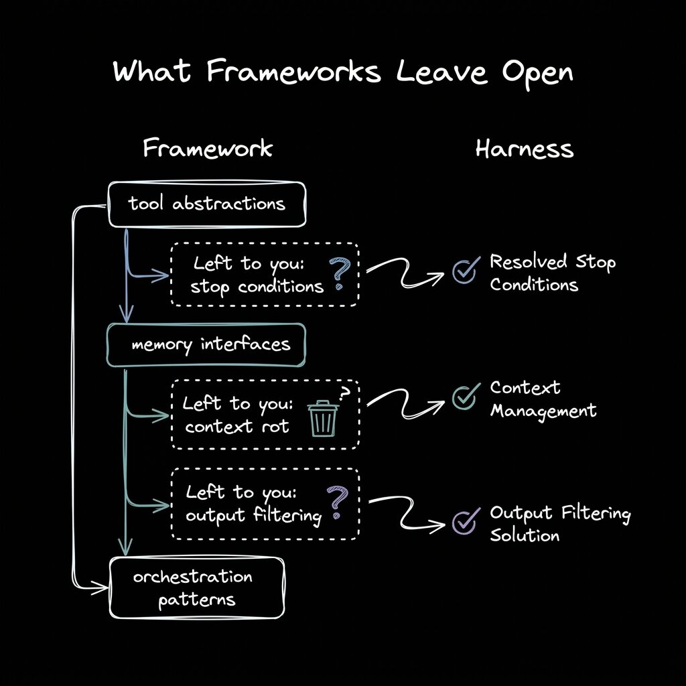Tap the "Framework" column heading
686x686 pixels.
(208, 148)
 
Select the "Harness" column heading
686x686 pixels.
(525, 149)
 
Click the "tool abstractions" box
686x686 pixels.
(207, 204)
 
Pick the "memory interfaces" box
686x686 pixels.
(206, 345)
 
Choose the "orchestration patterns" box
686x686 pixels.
(196, 587)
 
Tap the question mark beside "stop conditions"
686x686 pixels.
(339, 275)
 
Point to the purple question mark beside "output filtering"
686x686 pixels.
(337, 503)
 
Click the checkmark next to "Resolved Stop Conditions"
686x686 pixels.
(465, 270)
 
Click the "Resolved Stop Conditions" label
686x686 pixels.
(551, 273)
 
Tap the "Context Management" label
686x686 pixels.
(542, 399)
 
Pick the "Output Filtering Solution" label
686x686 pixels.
(559, 524)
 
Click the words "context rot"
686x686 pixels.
(236, 426)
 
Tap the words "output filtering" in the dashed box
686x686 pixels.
(253, 516)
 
